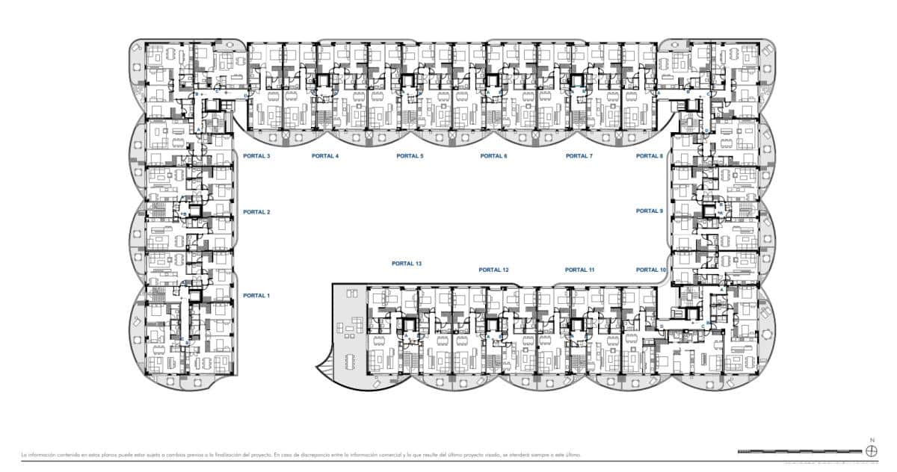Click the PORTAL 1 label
click(x=256, y=296)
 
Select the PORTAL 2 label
click(x=256, y=212)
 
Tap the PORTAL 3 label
click(x=256, y=156)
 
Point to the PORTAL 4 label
click(x=325, y=156)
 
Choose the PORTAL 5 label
click(x=410, y=156)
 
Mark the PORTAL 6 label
click(x=494, y=156)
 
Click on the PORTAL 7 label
click(x=579, y=156)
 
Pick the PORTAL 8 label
click(x=650, y=156)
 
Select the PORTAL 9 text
click(x=650, y=211)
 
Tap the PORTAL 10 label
click(x=651, y=270)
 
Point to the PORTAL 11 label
click(x=579, y=270)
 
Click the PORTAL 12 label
click(x=494, y=270)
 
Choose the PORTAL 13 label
click(x=407, y=264)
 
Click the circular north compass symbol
click(x=871, y=450)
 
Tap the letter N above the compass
click(x=871, y=441)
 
